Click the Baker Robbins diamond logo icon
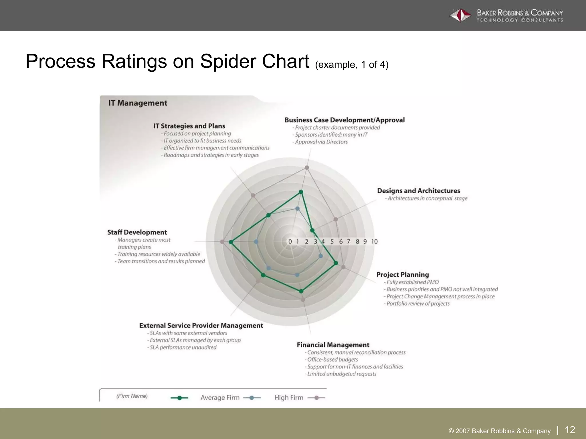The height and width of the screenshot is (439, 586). click(x=460, y=15)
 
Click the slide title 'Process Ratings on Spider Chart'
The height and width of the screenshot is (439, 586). click(x=167, y=61)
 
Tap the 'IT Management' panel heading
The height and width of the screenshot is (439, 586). click(x=138, y=103)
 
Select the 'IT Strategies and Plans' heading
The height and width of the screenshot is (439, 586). click(x=189, y=126)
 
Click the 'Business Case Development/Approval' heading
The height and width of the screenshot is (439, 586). click(x=345, y=120)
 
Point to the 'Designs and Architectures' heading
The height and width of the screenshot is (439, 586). click(x=418, y=191)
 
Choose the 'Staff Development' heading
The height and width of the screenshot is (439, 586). click(x=137, y=232)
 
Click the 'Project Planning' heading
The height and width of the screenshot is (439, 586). click(x=402, y=275)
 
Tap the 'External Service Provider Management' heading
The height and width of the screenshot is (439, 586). click(x=201, y=326)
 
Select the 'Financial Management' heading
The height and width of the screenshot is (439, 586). click(x=333, y=345)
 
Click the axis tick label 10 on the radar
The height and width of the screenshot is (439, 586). click(x=374, y=242)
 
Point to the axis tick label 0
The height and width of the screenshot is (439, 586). click(x=290, y=242)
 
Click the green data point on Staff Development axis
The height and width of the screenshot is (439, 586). click(x=231, y=242)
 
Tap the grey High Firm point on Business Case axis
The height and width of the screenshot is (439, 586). click(x=307, y=167)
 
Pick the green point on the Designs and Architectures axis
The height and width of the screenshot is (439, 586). click(x=312, y=230)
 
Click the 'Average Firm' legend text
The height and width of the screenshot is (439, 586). click(x=220, y=398)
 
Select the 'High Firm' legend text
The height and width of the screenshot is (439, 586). click(x=289, y=398)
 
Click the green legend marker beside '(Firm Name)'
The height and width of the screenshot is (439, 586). click(x=179, y=398)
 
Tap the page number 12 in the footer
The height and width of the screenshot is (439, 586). click(x=570, y=430)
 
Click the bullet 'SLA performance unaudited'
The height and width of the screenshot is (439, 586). click(x=183, y=348)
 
